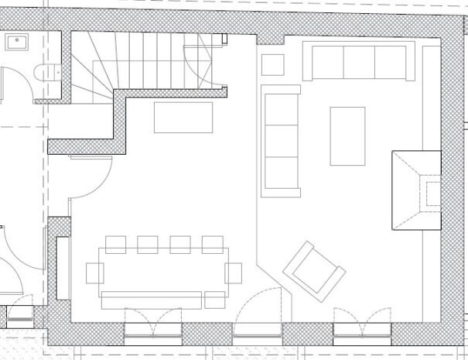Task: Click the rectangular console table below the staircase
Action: [x=183, y=118]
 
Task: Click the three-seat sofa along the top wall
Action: [x=358, y=62]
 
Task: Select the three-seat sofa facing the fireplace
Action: [x=281, y=140]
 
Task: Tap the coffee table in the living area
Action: [x=347, y=135]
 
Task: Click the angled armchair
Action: [x=314, y=270]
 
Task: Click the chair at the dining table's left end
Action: [x=94, y=273]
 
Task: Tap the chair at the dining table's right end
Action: [x=234, y=273]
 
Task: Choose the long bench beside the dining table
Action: [x=152, y=300]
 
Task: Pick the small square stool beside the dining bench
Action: [x=215, y=300]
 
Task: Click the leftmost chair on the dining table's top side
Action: [x=115, y=245]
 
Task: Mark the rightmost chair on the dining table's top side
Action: [x=212, y=245]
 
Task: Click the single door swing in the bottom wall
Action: [x=258, y=314]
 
